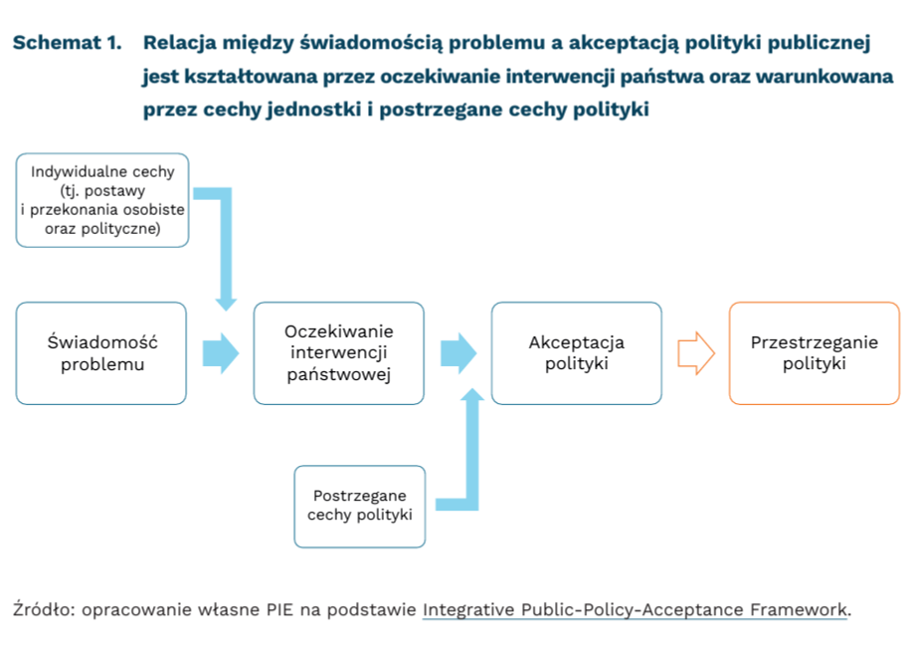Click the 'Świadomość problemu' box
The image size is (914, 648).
[101, 353]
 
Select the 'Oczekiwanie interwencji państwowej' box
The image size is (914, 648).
[338, 353]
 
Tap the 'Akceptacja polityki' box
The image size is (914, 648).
[576, 353]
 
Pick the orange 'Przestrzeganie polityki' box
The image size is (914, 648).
[814, 353]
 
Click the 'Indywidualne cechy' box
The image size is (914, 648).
[102, 199]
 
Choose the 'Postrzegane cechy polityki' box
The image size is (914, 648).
[359, 506]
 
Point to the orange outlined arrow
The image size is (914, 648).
[696, 353]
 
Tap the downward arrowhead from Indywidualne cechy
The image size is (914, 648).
[227, 299]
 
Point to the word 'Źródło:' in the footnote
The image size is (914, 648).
[43, 609]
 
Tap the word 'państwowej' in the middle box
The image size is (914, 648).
[338, 375]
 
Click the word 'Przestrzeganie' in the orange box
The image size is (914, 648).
[814, 342]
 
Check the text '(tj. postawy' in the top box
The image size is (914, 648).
[102, 190]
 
